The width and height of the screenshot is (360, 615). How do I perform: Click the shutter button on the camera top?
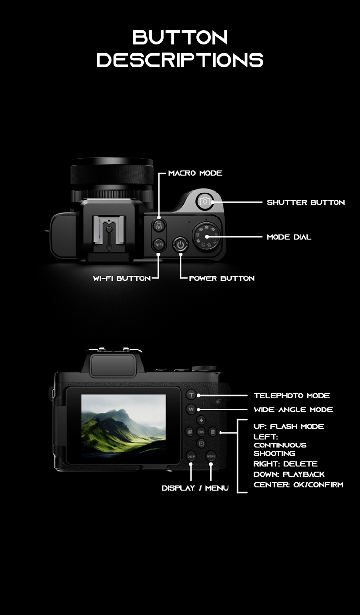(204, 202)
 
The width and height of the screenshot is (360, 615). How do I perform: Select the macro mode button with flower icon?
(159, 227)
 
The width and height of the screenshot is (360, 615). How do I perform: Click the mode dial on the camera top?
(206, 237)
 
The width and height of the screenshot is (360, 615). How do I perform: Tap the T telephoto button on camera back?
(191, 395)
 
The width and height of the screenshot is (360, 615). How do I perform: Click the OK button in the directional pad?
(201, 432)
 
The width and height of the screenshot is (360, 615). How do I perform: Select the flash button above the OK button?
(201, 420)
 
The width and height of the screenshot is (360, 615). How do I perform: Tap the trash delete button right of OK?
(213, 432)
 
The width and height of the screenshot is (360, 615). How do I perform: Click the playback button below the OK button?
(201, 444)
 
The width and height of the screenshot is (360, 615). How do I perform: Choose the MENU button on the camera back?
(211, 456)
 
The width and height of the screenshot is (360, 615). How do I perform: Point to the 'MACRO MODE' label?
(195, 173)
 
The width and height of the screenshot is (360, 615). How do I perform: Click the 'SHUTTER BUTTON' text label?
(306, 202)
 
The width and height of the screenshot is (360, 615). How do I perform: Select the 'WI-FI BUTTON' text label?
(121, 278)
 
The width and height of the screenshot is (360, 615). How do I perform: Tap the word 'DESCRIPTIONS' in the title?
(180, 60)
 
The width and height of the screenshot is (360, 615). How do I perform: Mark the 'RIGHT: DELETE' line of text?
(286, 464)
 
